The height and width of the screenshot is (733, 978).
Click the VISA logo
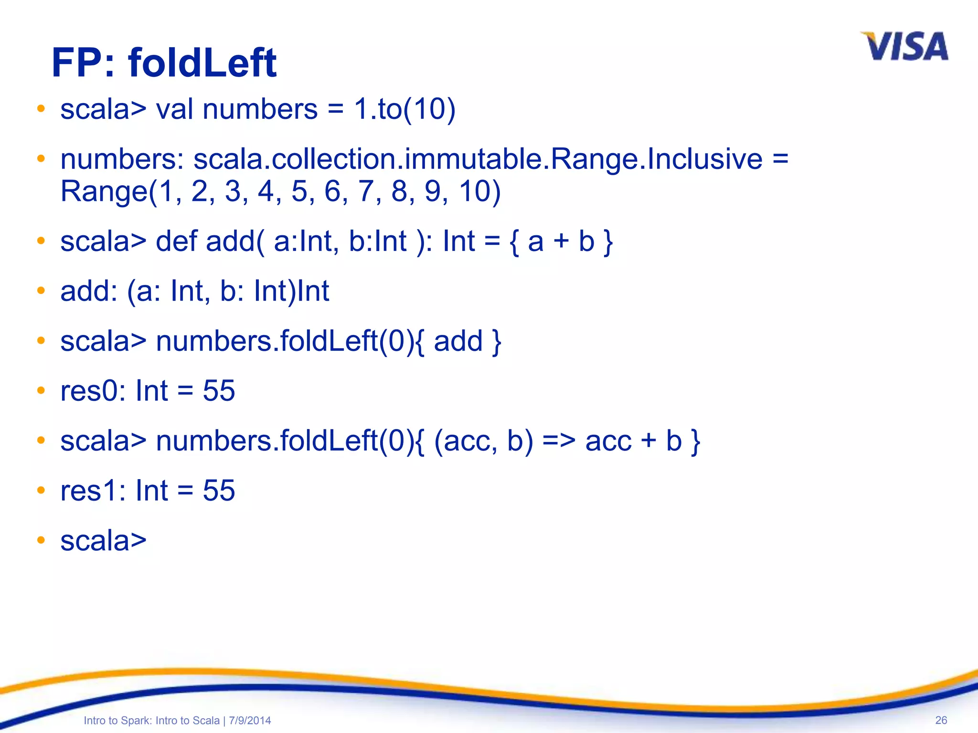coord(904,47)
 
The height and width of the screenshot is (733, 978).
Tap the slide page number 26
coord(941,720)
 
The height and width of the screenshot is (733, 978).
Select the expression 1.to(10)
coord(404,109)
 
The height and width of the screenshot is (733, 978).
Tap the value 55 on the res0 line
coord(219,391)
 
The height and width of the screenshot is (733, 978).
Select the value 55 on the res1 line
coord(219,491)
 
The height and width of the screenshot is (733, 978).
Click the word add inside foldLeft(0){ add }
coord(458,341)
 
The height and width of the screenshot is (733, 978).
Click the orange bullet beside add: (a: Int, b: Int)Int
coord(41,291)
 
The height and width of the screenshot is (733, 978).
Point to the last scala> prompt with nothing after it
coord(103,541)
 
